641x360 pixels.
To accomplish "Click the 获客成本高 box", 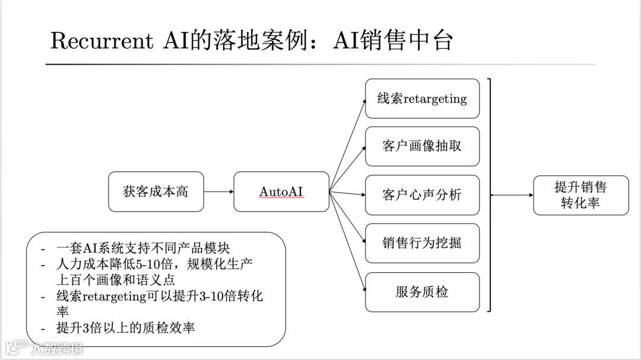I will [156, 192].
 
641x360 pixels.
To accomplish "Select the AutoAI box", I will [281, 192].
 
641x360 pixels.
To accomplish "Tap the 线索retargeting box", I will [422, 98].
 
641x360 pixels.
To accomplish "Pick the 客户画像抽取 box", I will [422, 146].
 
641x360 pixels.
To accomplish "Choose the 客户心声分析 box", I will [422, 195].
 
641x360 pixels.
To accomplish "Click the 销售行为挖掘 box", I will [422, 243].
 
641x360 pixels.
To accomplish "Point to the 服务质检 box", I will [422, 292].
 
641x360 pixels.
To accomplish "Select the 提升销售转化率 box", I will [580, 195].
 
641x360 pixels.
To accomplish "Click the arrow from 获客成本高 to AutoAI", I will [218, 192].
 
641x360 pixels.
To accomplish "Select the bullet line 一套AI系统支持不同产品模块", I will [142, 249].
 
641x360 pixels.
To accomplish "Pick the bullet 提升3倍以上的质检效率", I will [125, 328].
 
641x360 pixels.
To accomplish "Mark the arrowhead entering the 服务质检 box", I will [362, 291].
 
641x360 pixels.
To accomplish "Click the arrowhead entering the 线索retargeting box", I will [363, 101].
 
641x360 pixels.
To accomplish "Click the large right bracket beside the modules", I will [490, 195].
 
